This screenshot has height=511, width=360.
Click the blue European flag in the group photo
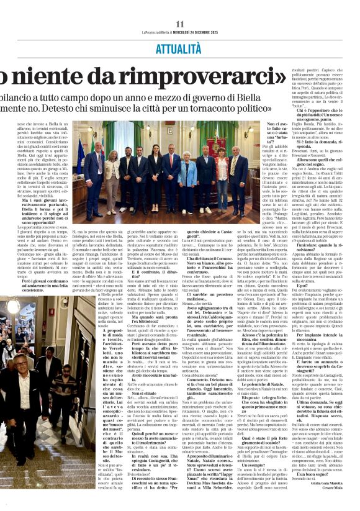click(x=81, y=155)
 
